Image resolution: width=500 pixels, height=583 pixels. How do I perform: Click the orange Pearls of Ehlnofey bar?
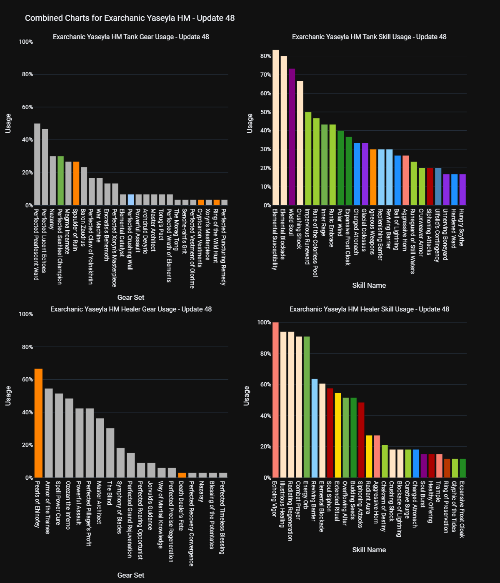click(x=38, y=423)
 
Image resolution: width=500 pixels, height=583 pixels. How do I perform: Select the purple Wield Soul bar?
click(x=292, y=137)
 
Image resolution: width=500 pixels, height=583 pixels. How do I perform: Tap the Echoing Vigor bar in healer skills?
click(x=275, y=400)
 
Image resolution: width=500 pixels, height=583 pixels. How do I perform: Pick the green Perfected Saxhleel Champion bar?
click(x=60, y=181)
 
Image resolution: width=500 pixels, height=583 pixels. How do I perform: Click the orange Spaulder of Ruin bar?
click(x=76, y=183)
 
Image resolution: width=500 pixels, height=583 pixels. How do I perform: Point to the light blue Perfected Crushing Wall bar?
click(x=131, y=200)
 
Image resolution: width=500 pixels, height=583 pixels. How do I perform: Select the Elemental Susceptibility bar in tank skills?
click(x=275, y=127)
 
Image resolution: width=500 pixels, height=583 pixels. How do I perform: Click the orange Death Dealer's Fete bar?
click(x=182, y=475)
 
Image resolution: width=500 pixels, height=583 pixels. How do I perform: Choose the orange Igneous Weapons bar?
click(x=373, y=177)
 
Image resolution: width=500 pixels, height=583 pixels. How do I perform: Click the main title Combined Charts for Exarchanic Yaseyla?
click(x=130, y=18)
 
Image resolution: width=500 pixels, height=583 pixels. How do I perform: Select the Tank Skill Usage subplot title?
click(x=369, y=37)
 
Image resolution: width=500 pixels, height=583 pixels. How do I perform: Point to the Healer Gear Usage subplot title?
click(x=131, y=309)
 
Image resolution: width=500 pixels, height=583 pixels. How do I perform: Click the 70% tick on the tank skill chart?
click(x=266, y=75)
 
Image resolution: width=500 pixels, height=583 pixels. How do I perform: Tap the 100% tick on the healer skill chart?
click(x=264, y=322)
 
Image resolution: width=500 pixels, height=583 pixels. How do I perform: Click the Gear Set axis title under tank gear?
click(x=131, y=297)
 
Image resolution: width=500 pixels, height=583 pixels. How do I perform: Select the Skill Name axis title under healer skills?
click(x=369, y=550)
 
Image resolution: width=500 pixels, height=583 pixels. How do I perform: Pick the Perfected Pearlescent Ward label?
click(x=36, y=244)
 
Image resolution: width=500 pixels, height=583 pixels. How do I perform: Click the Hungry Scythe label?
click(x=461, y=228)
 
